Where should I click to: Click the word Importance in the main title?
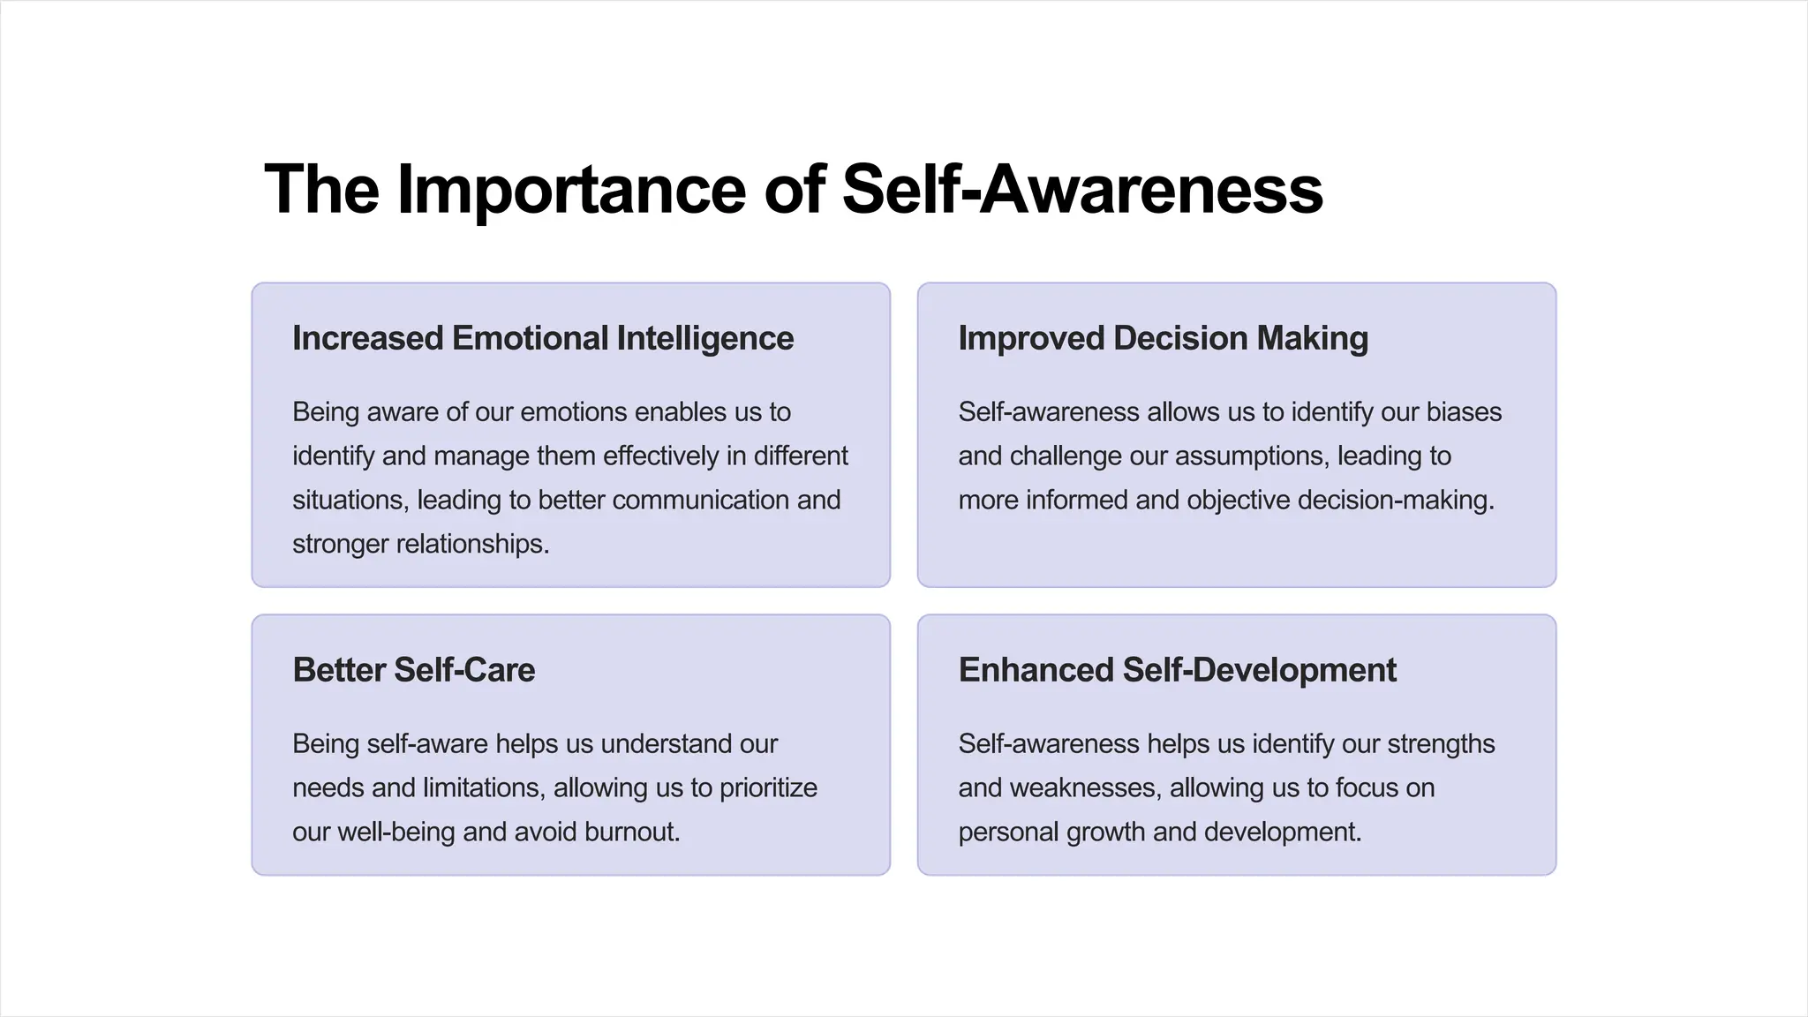point(571,190)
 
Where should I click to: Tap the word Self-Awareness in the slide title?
point(1082,190)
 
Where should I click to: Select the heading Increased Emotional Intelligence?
point(543,338)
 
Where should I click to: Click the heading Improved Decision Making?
point(1163,338)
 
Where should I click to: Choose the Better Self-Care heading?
point(413,670)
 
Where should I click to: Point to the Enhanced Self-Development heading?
point(1177,670)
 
